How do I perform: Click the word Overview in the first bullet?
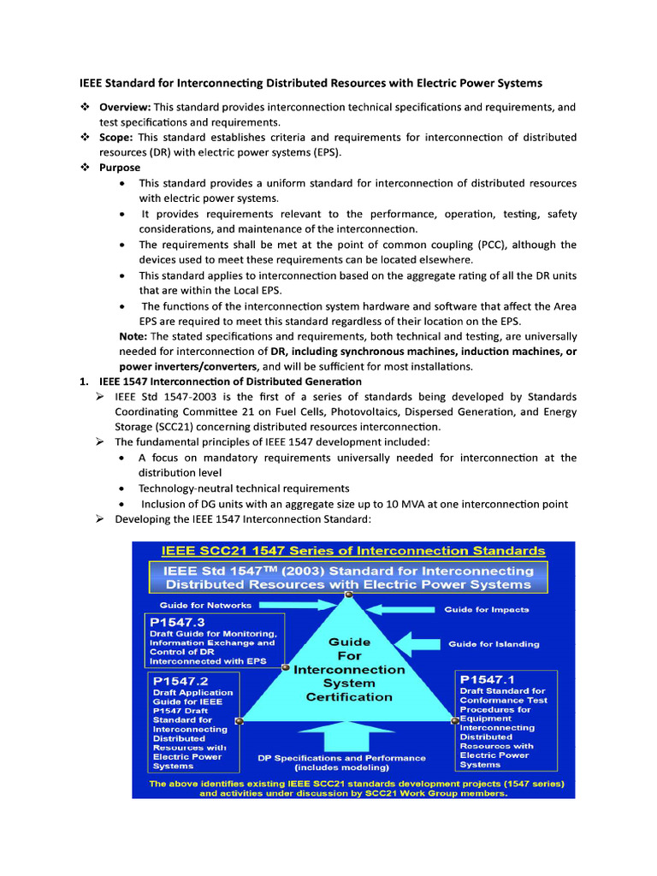[x=125, y=107]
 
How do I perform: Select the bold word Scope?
[x=115, y=138]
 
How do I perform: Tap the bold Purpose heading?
[x=120, y=168]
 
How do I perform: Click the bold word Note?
[x=133, y=336]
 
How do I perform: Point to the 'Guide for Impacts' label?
[x=486, y=609]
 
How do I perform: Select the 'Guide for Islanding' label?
[x=494, y=643]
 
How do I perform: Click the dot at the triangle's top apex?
[x=348, y=595]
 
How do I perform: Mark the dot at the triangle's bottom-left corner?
[x=239, y=721]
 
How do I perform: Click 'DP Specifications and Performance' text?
[x=341, y=757]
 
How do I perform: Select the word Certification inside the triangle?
[x=349, y=696]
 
